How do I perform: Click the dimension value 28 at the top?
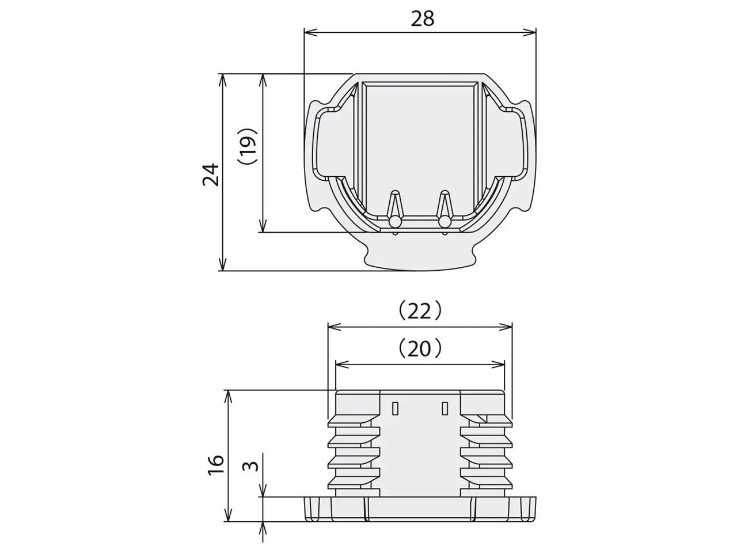coord(423,19)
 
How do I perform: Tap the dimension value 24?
coord(211,175)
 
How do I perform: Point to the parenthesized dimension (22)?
coord(420,311)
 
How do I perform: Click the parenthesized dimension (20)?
coord(420,349)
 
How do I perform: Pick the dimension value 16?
coord(215,464)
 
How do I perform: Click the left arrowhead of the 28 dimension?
coord(310,32)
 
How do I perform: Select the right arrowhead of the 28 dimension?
coord(529,32)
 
